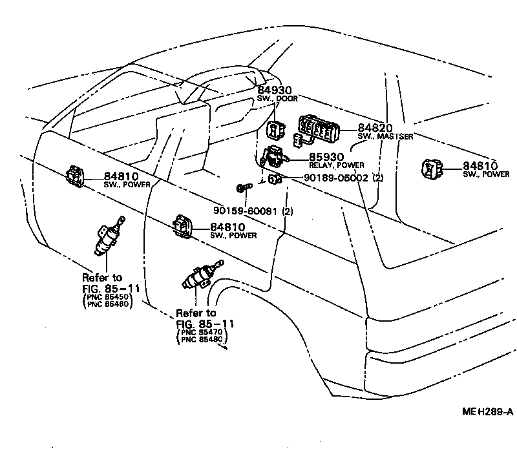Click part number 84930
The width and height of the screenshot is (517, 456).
click(x=275, y=90)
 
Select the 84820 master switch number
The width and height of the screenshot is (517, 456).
click(x=375, y=129)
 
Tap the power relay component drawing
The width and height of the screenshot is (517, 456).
click(x=273, y=156)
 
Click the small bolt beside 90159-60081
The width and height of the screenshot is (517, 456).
click(x=242, y=188)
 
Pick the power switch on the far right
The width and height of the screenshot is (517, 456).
click(x=432, y=169)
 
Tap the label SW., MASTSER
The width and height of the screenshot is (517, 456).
click(x=385, y=137)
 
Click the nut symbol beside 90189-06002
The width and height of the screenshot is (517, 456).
click(x=274, y=179)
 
